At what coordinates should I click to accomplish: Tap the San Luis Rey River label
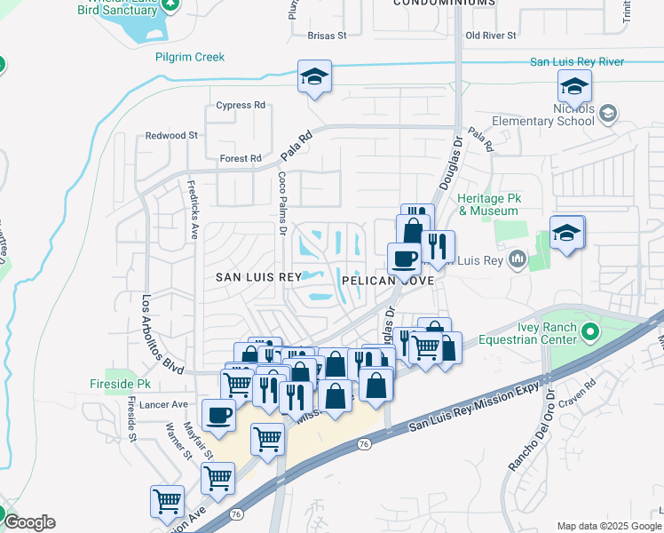pyautogui.click(x=577, y=61)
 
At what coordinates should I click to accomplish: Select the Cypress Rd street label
pyautogui.click(x=241, y=105)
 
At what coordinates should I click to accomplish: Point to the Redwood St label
pyautogui.click(x=172, y=135)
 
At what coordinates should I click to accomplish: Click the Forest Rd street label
pyautogui.click(x=241, y=159)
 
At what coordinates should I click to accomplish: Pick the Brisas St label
pyautogui.click(x=326, y=36)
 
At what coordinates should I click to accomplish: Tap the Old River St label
pyautogui.click(x=491, y=36)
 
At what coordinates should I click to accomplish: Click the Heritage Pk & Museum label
pyautogui.click(x=488, y=204)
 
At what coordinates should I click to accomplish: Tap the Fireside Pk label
pyautogui.click(x=121, y=384)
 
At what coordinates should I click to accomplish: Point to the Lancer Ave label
pyautogui.click(x=168, y=404)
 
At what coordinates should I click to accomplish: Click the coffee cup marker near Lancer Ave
pyautogui.click(x=218, y=414)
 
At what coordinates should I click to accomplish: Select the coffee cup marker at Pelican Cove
pyautogui.click(x=405, y=259)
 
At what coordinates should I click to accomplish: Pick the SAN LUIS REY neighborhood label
pyautogui.click(x=259, y=277)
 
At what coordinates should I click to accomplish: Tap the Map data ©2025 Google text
pyautogui.click(x=608, y=526)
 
